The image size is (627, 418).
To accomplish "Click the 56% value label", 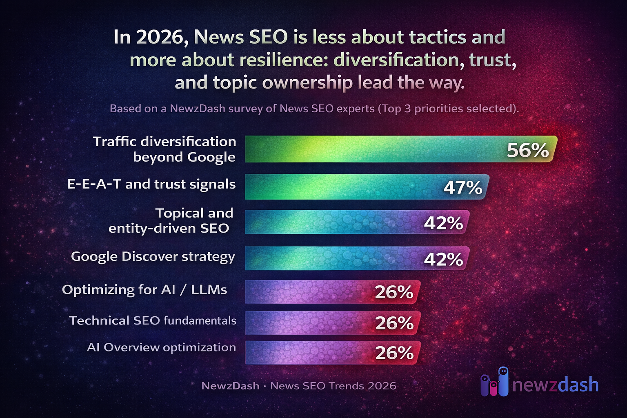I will (x=527, y=150).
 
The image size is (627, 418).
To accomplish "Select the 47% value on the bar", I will (x=463, y=188).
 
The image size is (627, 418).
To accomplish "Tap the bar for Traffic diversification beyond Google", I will (x=367, y=149).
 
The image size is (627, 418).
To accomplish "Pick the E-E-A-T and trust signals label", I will (x=151, y=185).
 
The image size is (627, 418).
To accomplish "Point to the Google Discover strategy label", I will (x=153, y=257).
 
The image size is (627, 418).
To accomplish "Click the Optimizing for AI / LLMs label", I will (x=145, y=290).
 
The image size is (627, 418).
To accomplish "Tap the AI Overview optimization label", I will (x=161, y=347).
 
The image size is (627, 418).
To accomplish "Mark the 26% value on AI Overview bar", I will (x=394, y=353).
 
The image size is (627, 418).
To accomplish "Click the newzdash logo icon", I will (x=494, y=382).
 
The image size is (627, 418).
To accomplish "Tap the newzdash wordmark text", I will (x=555, y=385).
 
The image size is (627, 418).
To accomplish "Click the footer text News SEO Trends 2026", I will (x=333, y=386).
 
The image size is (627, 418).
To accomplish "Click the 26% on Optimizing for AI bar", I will (x=394, y=292).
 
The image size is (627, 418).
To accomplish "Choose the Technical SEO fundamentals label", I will (x=153, y=321).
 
